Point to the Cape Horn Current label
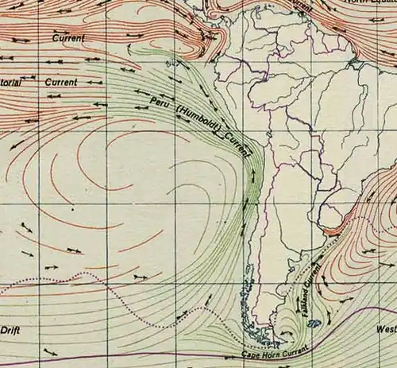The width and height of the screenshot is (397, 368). [x=274, y=347]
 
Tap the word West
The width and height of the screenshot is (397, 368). [x=386, y=328]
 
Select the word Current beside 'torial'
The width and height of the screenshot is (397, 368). [x=61, y=82]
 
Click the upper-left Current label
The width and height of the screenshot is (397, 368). [x=68, y=37]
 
